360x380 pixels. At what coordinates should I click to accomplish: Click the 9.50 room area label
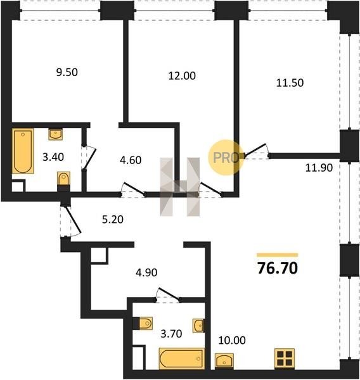click(x=67, y=72)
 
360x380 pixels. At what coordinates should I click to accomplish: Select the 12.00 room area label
click(x=182, y=76)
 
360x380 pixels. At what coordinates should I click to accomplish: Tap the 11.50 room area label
click(x=290, y=83)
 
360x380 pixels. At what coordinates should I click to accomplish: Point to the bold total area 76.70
click(x=278, y=269)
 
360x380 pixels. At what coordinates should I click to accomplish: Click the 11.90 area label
click(x=319, y=168)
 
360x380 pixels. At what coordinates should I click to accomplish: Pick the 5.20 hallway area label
click(x=113, y=219)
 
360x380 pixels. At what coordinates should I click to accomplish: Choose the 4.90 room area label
click(x=146, y=272)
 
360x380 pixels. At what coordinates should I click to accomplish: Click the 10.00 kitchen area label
click(x=232, y=340)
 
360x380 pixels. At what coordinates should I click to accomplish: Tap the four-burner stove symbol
click(x=285, y=358)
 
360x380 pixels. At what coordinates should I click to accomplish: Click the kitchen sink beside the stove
click(x=224, y=361)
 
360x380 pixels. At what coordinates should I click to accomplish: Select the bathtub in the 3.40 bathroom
click(x=23, y=151)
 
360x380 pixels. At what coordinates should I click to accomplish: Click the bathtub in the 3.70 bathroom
click(x=182, y=358)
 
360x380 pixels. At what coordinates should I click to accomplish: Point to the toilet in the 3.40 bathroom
click(x=64, y=179)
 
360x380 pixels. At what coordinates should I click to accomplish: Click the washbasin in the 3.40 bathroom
click(x=56, y=134)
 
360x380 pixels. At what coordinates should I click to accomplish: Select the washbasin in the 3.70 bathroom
click(x=198, y=326)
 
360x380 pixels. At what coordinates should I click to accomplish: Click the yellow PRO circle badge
click(x=226, y=157)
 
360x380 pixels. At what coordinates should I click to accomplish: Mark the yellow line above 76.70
click(x=278, y=255)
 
